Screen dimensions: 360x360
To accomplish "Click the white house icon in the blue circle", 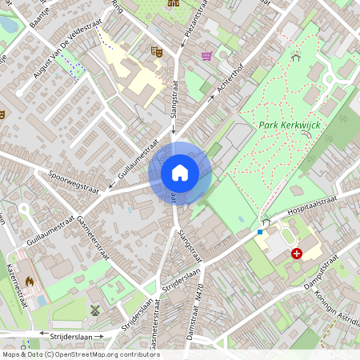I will click(x=180, y=172).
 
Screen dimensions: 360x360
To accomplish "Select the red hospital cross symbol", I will click(x=297, y=254).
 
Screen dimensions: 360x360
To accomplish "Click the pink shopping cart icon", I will click(x=207, y=55).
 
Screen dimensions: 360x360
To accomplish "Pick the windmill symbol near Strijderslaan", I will click(x=95, y=310).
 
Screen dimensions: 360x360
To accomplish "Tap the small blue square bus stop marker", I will click(x=259, y=232).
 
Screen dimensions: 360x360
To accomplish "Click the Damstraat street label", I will click(x=191, y=328).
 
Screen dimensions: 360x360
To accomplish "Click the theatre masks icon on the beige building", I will click(x=157, y=51).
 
